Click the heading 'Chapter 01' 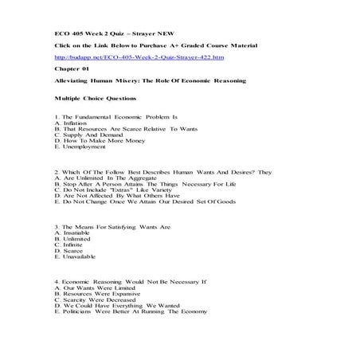point(70,69)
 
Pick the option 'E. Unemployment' point(80,147)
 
